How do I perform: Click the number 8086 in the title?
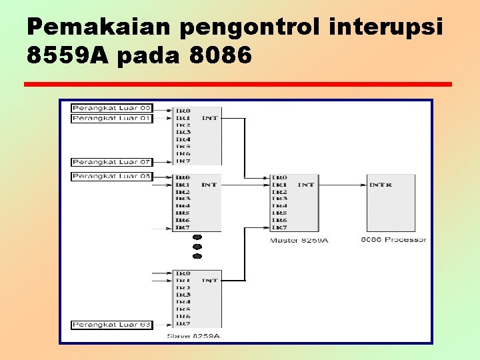[x=221, y=56]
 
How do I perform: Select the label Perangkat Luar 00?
[x=112, y=108]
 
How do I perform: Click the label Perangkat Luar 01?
[x=112, y=119]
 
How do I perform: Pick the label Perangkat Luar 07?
[x=112, y=162]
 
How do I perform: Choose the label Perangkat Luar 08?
[x=112, y=176]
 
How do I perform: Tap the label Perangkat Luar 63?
[x=112, y=325]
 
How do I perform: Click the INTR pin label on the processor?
[x=381, y=185]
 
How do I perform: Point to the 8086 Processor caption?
[x=393, y=239]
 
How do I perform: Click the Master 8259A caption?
[x=299, y=240]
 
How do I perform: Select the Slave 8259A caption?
[x=193, y=336]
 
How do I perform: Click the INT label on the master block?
[x=306, y=185]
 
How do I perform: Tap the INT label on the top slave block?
[x=210, y=118]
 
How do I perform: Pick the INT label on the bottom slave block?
[x=210, y=281]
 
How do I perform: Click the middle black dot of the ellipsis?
[x=197, y=247]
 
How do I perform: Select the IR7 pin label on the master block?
[x=279, y=227]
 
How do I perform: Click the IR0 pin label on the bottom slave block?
[x=183, y=273]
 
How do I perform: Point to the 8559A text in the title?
[x=67, y=56]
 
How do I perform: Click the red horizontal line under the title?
[x=237, y=85]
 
